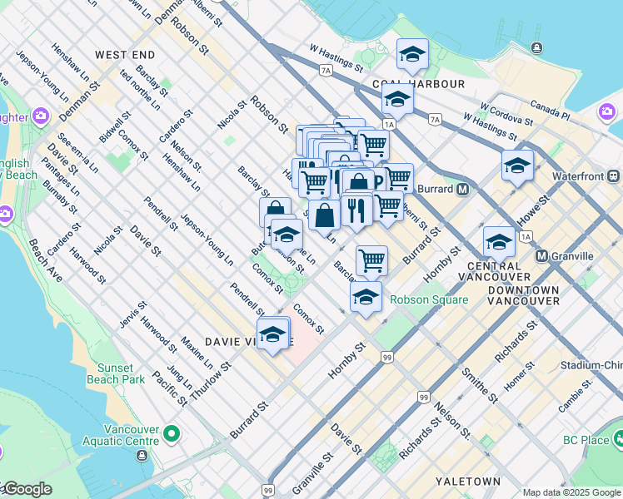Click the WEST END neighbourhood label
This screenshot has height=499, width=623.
(x=124, y=55)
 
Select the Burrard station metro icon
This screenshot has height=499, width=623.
(x=461, y=190)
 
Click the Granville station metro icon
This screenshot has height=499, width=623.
(x=542, y=256)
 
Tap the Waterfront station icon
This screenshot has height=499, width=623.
(x=614, y=176)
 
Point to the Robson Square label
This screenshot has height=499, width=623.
(x=429, y=299)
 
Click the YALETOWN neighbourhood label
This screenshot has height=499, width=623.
(x=467, y=482)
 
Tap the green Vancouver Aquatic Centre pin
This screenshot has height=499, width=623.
(x=172, y=433)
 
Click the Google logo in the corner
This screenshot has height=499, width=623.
(x=27, y=489)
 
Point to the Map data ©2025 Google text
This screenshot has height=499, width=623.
(x=571, y=492)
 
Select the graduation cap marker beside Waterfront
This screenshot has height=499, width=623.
(x=517, y=165)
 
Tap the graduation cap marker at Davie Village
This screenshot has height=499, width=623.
(x=272, y=334)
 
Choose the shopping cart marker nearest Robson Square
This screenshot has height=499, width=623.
(x=371, y=259)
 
